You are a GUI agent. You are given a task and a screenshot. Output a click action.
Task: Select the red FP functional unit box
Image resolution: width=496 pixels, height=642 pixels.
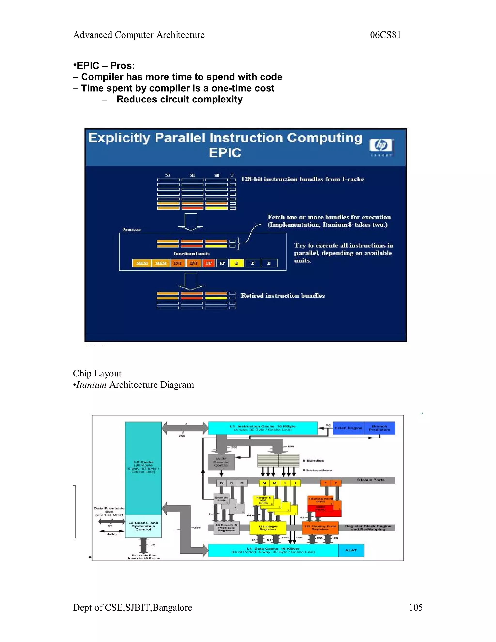coord(209,263)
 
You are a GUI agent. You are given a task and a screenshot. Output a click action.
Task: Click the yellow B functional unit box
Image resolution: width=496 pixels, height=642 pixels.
coord(237,263)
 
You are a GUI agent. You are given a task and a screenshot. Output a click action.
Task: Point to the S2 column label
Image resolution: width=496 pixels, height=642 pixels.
coord(168,175)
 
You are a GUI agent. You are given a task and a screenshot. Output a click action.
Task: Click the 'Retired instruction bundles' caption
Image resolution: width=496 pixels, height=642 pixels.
coord(282,295)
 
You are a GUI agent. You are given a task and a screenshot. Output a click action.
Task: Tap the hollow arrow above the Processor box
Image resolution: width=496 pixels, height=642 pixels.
coord(190,222)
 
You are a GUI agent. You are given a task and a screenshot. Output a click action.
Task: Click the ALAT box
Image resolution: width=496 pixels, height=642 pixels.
coord(351,550)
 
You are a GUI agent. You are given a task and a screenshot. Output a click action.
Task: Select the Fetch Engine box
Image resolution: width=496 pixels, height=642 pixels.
coord(348,428)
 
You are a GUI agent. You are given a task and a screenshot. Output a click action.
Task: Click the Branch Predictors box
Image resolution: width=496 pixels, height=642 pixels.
coord(379,428)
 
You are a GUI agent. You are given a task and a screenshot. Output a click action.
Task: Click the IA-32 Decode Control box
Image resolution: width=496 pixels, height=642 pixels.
coord(221,462)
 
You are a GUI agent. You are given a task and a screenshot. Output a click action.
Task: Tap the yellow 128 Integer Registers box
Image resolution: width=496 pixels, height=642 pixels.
coord(268,528)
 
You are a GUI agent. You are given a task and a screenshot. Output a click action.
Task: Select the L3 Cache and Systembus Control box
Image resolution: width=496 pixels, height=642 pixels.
coord(143,526)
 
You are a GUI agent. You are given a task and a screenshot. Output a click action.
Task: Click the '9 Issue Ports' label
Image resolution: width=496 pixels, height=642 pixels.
coord(371,480)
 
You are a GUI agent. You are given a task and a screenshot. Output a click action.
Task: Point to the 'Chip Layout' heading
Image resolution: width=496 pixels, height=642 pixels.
coord(97,373)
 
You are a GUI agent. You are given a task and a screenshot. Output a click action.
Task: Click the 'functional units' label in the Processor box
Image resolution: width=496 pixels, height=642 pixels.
coord(192,253)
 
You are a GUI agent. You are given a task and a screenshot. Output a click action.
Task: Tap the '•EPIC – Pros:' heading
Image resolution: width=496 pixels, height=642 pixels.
coord(104,66)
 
